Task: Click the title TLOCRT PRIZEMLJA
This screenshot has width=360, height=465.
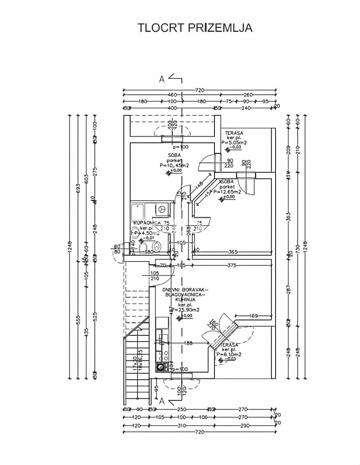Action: pyautogui.click(x=195, y=28)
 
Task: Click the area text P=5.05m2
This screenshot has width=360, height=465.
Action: pyautogui.click(x=234, y=142)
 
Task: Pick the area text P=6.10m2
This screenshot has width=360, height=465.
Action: pyautogui.click(x=229, y=354)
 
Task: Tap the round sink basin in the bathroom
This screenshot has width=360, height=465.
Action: pyautogui.click(x=157, y=246)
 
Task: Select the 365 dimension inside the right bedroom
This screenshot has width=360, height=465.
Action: pyautogui.click(x=233, y=252)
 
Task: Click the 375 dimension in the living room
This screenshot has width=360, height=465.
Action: pyautogui.click(x=232, y=265)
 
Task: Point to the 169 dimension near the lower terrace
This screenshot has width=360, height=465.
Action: pyautogui.click(x=254, y=316)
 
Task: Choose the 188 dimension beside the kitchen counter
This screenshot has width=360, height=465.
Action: pyautogui.click(x=188, y=343)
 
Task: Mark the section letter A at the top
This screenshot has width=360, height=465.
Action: pyautogui.click(x=162, y=79)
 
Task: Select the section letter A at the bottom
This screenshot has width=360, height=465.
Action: pyautogui.click(x=162, y=401)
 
